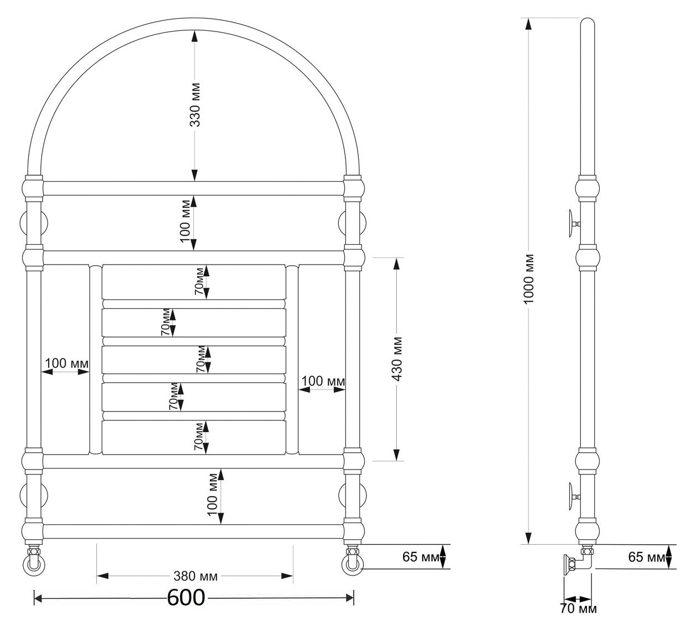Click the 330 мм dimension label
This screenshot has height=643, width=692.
[x=195, y=105]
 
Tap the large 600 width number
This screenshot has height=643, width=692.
[x=186, y=598]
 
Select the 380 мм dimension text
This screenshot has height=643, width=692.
[x=196, y=576]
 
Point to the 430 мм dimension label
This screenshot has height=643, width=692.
[x=397, y=359]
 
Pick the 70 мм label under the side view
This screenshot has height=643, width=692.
[x=578, y=618]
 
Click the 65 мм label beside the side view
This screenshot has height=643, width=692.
[x=647, y=557]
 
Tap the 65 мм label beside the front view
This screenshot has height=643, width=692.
[x=421, y=557]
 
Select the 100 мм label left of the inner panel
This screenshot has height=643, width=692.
[x=66, y=363]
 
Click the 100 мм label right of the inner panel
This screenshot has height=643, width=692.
[x=323, y=381]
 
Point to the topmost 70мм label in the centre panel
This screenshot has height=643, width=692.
[x=200, y=281]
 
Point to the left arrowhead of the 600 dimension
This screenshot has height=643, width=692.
[x=38, y=598]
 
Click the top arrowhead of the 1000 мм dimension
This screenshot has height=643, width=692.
[x=528, y=24]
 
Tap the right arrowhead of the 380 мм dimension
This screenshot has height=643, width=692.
[x=287, y=576]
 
